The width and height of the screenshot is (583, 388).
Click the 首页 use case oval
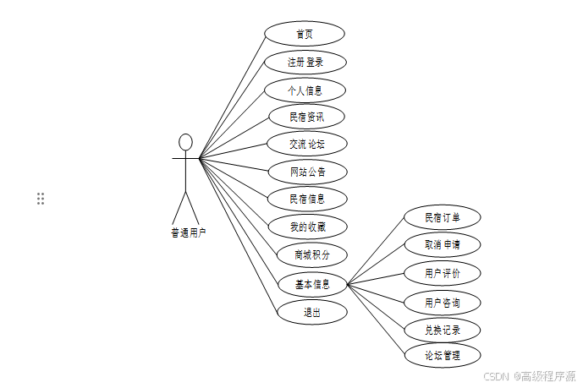[305, 34]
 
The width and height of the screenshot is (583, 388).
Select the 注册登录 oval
[305, 62]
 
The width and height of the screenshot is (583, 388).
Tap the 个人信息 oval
[305, 90]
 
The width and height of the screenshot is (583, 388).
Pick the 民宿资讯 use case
[306, 117]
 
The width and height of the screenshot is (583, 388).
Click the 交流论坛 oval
[306, 145]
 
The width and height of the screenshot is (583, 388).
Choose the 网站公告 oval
[307, 172]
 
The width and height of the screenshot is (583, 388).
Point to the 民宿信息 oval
[307, 199]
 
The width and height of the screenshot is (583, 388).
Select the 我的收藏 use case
[307, 227]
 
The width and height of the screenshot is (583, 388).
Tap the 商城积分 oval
[312, 254]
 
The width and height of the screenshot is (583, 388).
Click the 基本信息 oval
[312, 284]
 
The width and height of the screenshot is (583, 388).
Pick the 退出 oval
[312, 312]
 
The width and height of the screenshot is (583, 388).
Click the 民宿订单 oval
[442, 217]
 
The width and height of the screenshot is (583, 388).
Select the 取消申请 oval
[443, 245]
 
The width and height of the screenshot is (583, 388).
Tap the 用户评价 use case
[443, 273]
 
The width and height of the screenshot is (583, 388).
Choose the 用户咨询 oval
[443, 302]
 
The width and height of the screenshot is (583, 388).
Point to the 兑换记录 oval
[443, 330]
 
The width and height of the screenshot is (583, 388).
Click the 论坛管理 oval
[443, 355]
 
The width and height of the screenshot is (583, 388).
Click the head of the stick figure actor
[186, 141]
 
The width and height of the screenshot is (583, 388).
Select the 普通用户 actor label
[188, 232]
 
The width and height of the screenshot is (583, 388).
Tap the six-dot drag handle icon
[41, 199]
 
